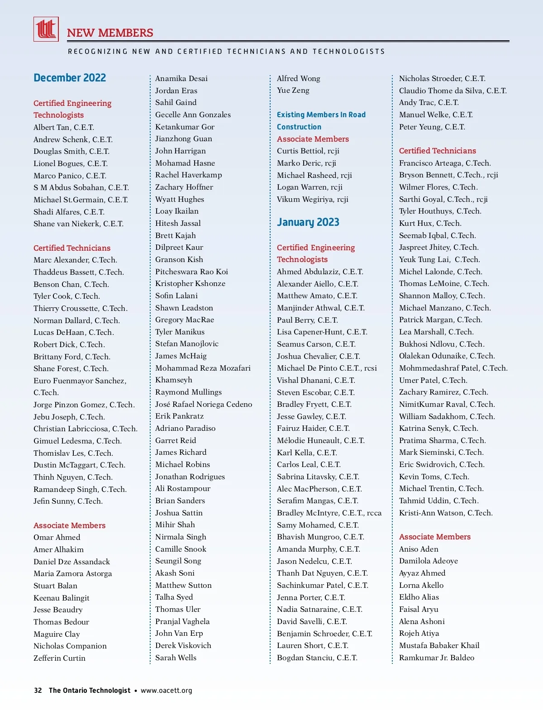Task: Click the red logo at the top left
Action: click(46, 29)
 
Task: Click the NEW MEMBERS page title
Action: click(110, 33)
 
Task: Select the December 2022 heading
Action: click(70, 78)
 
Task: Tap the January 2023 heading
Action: click(308, 222)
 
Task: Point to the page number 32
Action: click(38, 691)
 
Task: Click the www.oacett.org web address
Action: click(167, 691)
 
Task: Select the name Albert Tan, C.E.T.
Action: click(64, 127)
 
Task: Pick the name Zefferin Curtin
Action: click(59, 658)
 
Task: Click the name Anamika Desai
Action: click(181, 78)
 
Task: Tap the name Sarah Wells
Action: click(176, 658)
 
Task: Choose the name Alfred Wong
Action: click(299, 78)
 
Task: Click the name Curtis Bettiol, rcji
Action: click(308, 151)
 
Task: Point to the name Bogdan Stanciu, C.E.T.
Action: click(317, 658)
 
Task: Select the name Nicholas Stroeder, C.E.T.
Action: click(442, 78)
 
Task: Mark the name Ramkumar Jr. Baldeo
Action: click(437, 658)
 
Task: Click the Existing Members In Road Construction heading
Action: click(321, 121)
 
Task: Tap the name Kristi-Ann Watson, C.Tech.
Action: click(446, 513)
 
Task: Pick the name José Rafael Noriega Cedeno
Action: click(204, 404)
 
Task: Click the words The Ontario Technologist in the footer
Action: click(90, 691)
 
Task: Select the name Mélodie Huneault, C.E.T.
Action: click(321, 440)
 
